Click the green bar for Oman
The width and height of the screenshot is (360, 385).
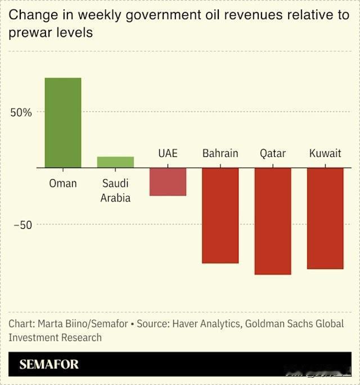point(63,123)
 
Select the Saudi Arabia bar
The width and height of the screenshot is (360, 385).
point(115,162)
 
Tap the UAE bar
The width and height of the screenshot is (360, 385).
point(168,182)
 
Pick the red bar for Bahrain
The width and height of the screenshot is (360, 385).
point(220,215)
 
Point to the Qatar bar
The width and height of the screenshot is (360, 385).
point(273,221)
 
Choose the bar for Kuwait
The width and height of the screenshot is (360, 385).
point(325,218)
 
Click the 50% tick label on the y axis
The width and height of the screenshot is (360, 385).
point(21,112)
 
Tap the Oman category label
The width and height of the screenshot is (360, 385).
point(63,184)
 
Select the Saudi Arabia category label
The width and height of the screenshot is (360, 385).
point(115,191)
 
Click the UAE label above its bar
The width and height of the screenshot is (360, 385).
point(168,153)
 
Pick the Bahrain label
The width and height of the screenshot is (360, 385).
point(220,153)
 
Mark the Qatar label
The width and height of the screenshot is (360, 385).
point(273,153)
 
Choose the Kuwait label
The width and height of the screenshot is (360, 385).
point(325,153)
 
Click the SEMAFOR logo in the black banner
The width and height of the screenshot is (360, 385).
point(49,364)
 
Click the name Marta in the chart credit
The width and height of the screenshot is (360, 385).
point(52,324)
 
